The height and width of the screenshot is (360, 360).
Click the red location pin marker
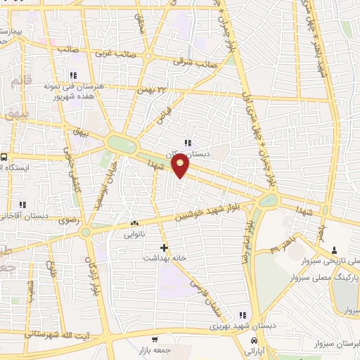point(181,166)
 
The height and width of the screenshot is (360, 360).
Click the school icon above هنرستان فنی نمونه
point(72,75)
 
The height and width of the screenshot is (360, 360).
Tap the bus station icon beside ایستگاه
point(5,157)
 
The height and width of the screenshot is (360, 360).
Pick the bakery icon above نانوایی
point(134,223)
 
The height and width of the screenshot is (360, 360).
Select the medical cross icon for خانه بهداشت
point(164,247)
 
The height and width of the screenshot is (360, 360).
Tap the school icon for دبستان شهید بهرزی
point(243,315)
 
